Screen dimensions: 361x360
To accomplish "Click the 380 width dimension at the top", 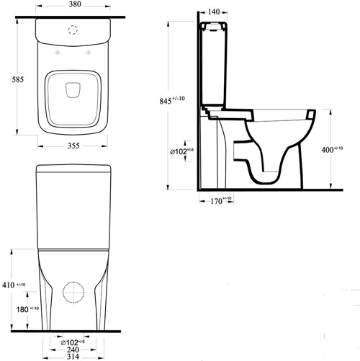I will click(71, 5).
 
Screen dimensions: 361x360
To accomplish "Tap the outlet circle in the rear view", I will click(73, 295).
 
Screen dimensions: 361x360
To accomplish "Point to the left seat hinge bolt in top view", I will click(55, 55).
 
